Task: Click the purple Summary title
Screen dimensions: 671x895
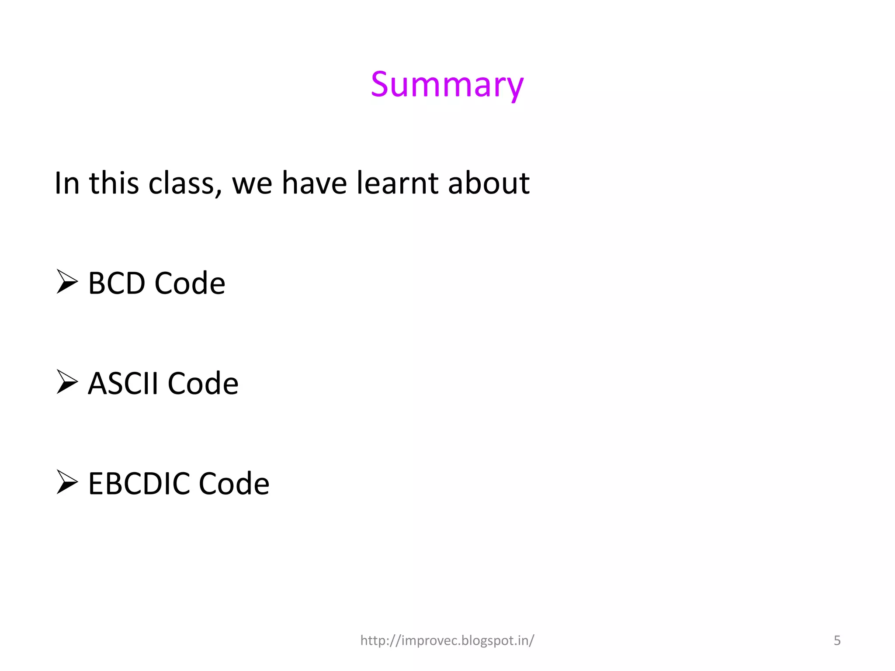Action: pyautogui.click(x=447, y=85)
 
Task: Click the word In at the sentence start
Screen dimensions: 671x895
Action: pyautogui.click(x=67, y=183)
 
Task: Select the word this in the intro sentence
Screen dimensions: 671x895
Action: pyautogui.click(x=114, y=183)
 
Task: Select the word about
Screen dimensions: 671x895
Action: pyautogui.click(x=489, y=183)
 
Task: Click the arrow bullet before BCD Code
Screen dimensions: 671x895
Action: pyautogui.click(x=67, y=282)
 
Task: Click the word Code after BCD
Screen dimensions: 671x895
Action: pyautogui.click(x=190, y=283)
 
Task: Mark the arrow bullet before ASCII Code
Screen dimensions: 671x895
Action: pyautogui.click(x=67, y=382)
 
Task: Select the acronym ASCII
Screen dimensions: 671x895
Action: pyautogui.click(x=123, y=383)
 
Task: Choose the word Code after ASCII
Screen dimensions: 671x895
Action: pyautogui.click(x=203, y=383)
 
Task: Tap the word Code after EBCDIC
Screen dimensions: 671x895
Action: pyautogui.click(x=234, y=484)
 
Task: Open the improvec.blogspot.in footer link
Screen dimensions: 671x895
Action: pyautogui.click(x=447, y=640)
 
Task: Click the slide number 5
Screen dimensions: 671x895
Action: pyautogui.click(x=837, y=640)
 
